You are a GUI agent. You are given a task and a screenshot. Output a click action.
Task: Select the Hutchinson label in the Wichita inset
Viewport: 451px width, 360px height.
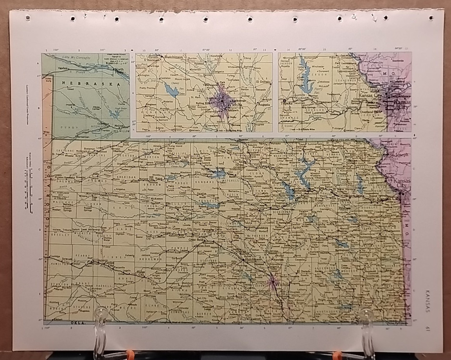(x=174, y=57)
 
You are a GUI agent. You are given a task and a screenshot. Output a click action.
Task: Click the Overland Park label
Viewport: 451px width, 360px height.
(x=372, y=111)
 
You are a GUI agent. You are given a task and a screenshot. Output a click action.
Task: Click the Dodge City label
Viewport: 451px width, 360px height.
(x=142, y=272)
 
